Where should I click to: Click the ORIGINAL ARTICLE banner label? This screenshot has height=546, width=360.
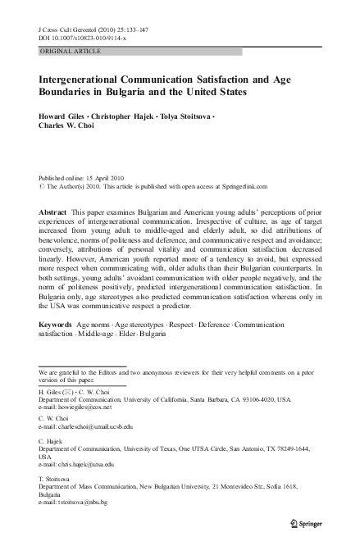coord(70,51)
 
